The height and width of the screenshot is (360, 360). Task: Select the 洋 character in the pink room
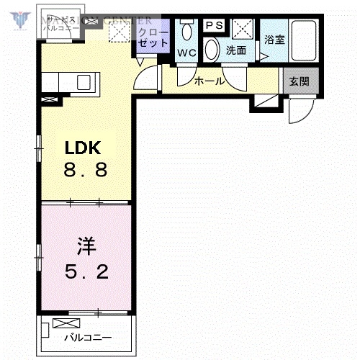85,248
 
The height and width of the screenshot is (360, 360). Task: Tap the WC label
187,53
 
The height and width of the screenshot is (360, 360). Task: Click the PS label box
215,26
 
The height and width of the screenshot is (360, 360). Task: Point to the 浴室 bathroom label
274,40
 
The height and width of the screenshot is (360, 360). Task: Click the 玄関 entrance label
300,81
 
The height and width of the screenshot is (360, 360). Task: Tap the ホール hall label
210,81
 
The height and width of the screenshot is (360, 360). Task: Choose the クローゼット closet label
152,38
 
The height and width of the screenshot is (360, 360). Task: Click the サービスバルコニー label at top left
58,23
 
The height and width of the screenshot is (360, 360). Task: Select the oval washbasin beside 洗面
212,50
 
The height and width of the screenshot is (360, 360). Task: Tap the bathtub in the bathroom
305,41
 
